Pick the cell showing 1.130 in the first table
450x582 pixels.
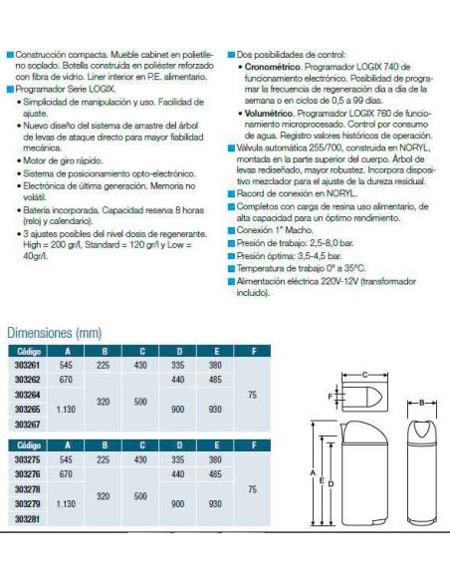[x=68, y=408]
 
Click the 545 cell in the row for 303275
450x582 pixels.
[x=68, y=460]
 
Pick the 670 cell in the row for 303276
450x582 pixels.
[x=68, y=474]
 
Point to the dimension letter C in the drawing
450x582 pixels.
[x=365, y=375]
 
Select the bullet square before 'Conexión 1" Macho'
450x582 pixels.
[x=230, y=229]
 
